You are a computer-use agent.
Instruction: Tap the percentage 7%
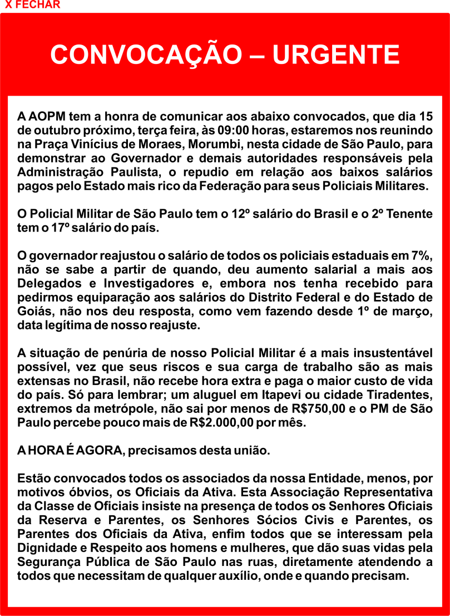(421, 256)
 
